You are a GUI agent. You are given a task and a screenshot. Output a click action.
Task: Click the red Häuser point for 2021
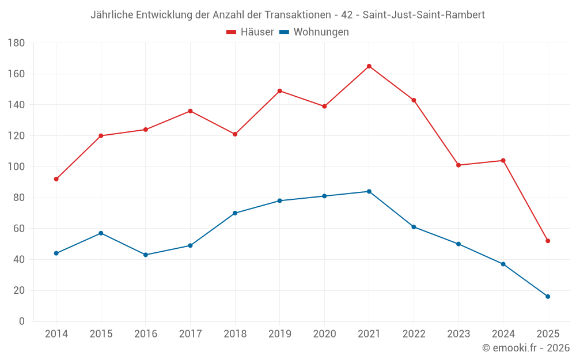(x=369, y=66)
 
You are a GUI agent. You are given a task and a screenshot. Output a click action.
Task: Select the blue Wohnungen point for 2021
(x=369, y=191)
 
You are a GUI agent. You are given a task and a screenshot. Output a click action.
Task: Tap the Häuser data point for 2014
(x=56, y=179)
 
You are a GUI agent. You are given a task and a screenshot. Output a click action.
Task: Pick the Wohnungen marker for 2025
(x=548, y=297)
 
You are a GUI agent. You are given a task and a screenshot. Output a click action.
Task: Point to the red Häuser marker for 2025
(x=548, y=241)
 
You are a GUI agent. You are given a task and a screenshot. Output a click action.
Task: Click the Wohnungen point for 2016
(x=146, y=255)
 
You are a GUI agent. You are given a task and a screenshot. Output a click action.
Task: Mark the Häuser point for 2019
(x=280, y=91)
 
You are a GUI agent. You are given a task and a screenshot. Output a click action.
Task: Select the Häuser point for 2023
(x=458, y=165)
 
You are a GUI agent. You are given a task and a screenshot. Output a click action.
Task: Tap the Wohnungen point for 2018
(x=235, y=213)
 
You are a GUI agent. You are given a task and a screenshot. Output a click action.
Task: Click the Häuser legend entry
(x=250, y=32)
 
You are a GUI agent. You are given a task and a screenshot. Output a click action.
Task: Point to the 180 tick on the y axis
(x=16, y=43)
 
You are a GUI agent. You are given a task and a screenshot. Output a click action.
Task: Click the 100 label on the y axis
(x=16, y=167)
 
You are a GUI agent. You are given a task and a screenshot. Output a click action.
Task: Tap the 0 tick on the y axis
(x=21, y=321)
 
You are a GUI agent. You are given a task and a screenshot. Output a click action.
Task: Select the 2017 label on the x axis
(x=190, y=334)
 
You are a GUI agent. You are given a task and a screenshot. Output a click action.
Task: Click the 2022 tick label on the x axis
(x=414, y=334)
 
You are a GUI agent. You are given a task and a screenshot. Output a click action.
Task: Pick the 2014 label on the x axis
(x=56, y=334)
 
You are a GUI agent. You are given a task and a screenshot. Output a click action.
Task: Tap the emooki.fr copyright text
(x=526, y=348)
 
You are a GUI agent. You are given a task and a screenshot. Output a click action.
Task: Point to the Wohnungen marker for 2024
(x=503, y=264)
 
